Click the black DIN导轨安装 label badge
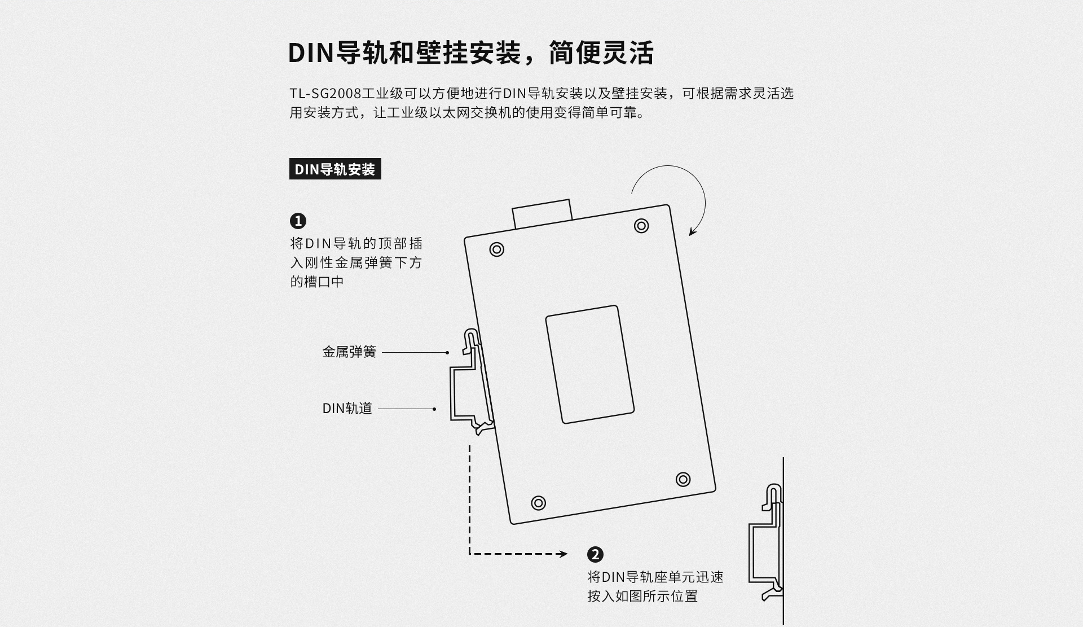pos(335,169)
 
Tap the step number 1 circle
pos(298,221)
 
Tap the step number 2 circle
pos(595,554)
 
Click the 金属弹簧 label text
pos(349,352)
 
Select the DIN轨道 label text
pos(347,409)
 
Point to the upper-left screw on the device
pos(496,249)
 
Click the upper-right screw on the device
pos(641,226)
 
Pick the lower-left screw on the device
pos(539,503)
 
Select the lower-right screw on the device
pos(683,479)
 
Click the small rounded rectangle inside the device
pos(590,365)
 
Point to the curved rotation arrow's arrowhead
pos(693,231)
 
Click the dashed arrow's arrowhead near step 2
pos(562,554)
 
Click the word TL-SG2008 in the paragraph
pos(325,93)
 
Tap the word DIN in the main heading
pos(311,53)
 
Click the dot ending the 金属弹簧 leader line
pos(447,353)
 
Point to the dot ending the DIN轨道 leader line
pos(434,409)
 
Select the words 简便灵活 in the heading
pos(601,53)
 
